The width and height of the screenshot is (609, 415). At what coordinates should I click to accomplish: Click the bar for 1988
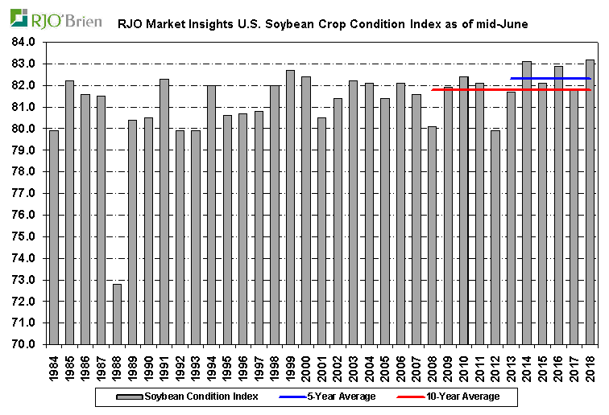[117, 314]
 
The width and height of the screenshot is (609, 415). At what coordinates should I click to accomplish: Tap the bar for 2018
[590, 202]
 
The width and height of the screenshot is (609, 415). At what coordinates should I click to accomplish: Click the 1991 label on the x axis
[164, 366]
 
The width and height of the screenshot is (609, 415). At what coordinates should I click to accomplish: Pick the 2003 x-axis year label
[353, 366]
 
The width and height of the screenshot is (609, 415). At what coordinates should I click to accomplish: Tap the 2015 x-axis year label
[542, 366]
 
